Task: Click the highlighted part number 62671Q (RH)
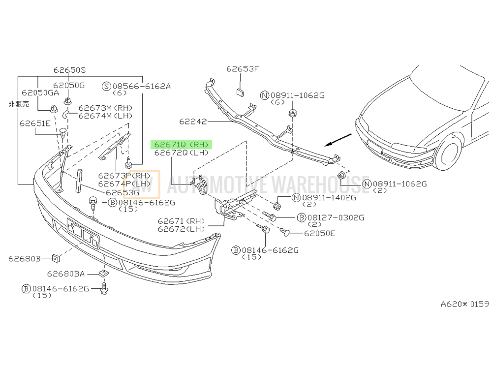tap(182, 144)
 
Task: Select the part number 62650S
tap(69, 70)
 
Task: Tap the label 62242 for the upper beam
tap(193, 121)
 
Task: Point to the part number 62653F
tap(243, 69)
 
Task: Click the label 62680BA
tap(66, 274)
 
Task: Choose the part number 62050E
tap(319, 233)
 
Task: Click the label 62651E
tap(35, 123)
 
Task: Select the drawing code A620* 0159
tap(465, 304)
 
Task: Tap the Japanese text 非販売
tap(19, 104)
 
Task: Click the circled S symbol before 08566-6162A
tap(107, 86)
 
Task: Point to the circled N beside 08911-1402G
tap(296, 198)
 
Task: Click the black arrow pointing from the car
tap(338, 140)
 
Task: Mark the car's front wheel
tap(449, 153)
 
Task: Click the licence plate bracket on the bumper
tap(83, 233)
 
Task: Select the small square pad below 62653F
tap(240, 92)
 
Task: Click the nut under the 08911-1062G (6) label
tap(292, 113)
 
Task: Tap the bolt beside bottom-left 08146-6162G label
tap(104, 288)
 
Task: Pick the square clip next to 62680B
tap(56, 259)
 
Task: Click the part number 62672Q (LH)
tap(182, 153)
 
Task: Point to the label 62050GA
tap(40, 92)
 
